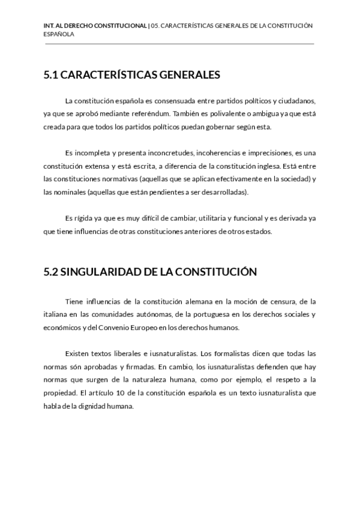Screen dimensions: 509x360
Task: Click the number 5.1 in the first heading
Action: tap(51, 75)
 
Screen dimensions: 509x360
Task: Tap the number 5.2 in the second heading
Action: tap(51, 272)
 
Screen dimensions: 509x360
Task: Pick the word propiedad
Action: tap(59, 393)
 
